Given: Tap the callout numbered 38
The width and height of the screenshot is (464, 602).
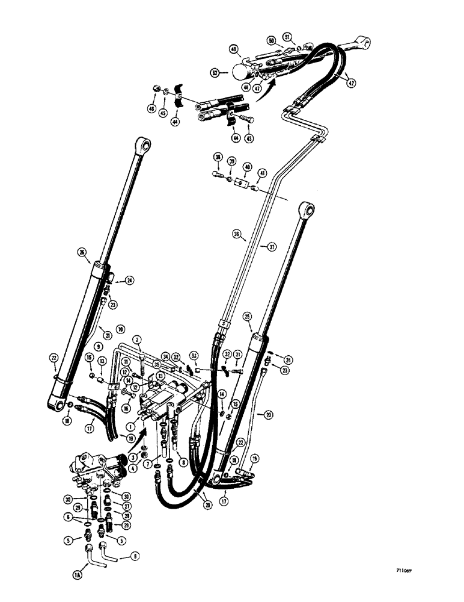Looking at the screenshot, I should [x=216, y=158].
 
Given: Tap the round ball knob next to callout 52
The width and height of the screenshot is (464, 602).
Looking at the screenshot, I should [x=238, y=72].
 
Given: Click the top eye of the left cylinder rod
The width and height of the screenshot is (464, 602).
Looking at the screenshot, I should [x=142, y=144].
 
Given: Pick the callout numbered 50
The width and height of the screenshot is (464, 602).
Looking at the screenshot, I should [x=271, y=40].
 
